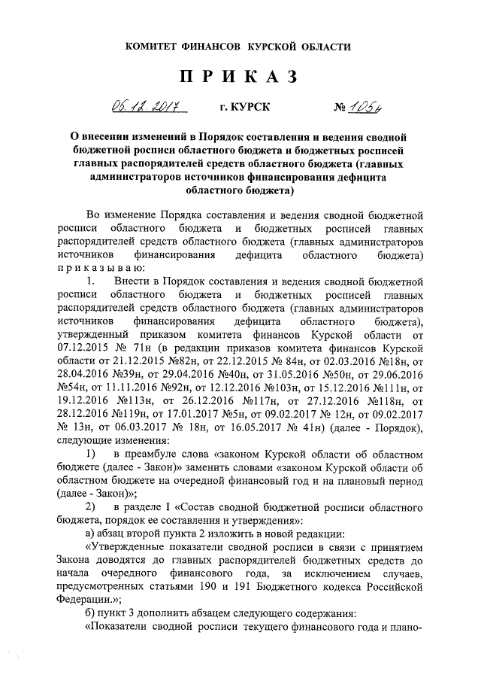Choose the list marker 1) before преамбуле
[91, 456]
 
